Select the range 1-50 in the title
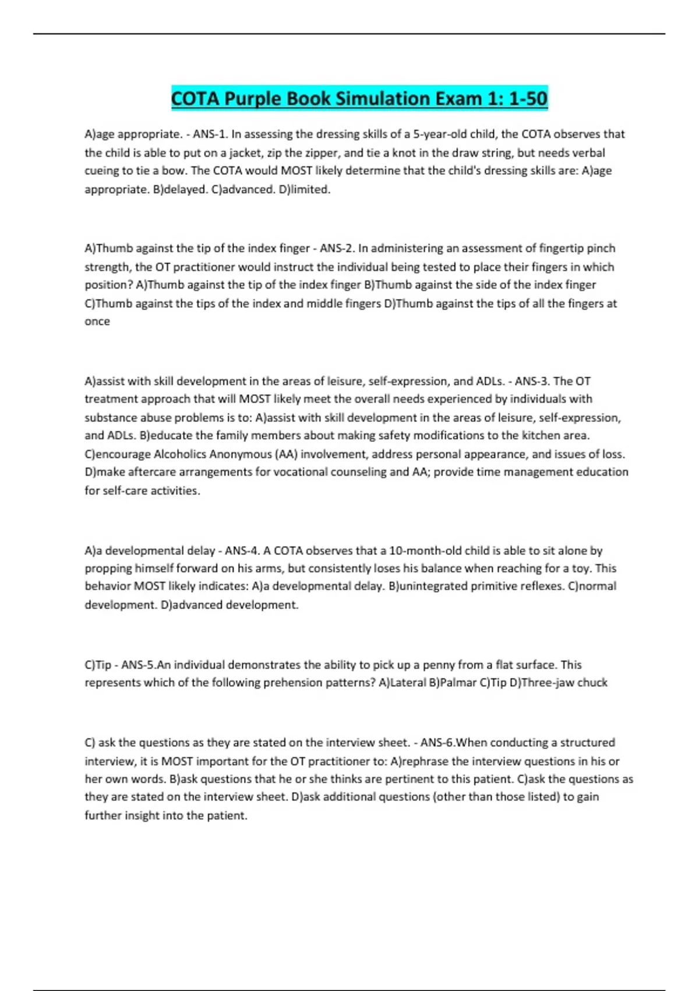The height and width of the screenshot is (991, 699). (x=528, y=99)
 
